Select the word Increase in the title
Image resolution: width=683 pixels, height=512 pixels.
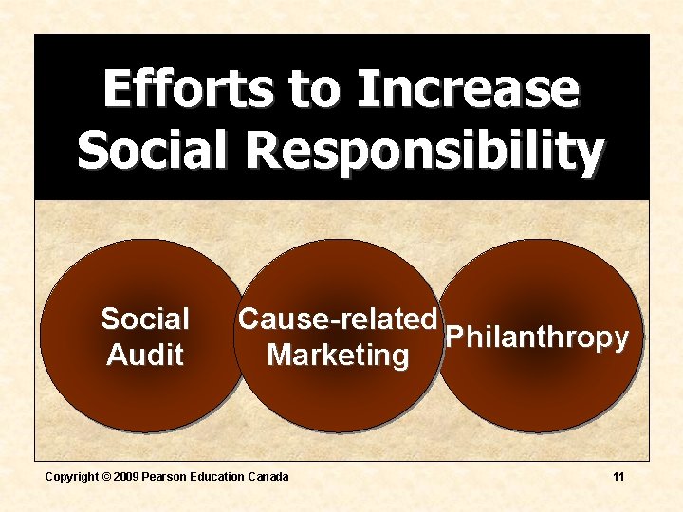click(x=467, y=89)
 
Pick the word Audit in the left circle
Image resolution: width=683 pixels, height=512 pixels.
click(x=145, y=356)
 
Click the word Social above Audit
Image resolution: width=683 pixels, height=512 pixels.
click(x=145, y=320)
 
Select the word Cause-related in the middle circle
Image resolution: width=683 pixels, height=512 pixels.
click(x=338, y=320)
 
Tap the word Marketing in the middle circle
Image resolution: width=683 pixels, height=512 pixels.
click(x=338, y=356)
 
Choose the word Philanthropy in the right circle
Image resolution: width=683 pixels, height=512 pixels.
click(x=537, y=338)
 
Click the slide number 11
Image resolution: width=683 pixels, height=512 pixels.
click(x=618, y=477)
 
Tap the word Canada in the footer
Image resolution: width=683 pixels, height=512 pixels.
click(x=268, y=477)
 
